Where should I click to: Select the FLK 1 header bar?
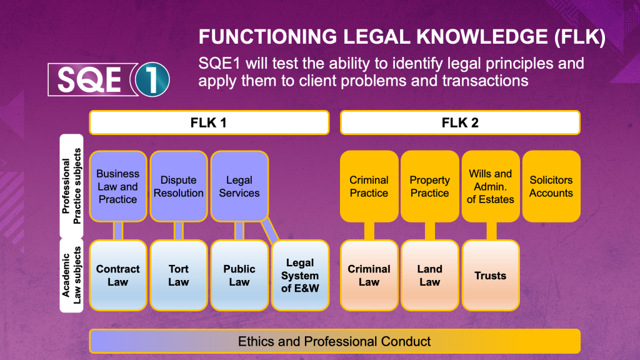pyautogui.click(x=209, y=122)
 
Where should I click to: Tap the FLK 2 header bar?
pyautogui.click(x=460, y=122)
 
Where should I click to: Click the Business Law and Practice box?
pyautogui.click(x=117, y=186)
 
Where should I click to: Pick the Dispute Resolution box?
pyautogui.click(x=179, y=186)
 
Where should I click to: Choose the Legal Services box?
pyautogui.click(x=239, y=186)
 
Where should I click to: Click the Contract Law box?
pyautogui.click(x=117, y=276)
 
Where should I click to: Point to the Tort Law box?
pyautogui.click(x=179, y=276)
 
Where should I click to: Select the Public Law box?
pyautogui.click(x=239, y=276)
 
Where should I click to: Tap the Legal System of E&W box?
pyautogui.click(x=300, y=276)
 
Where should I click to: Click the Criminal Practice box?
pyautogui.click(x=369, y=186)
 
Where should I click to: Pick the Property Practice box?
pyautogui.click(x=429, y=186)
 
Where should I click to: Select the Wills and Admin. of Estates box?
pyautogui.click(x=491, y=186)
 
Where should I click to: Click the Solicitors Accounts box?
pyautogui.click(x=551, y=186)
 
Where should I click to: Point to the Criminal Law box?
pyautogui.click(x=369, y=276)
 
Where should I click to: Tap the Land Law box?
pyautogui.click(x=429, y=276)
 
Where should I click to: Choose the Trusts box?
pyautogui.click(x=491, y=276)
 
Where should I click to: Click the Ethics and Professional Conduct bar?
pyautogui.click(x=334, y=341)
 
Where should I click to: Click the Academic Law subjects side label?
pyautogui.click(x=71, y=276)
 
